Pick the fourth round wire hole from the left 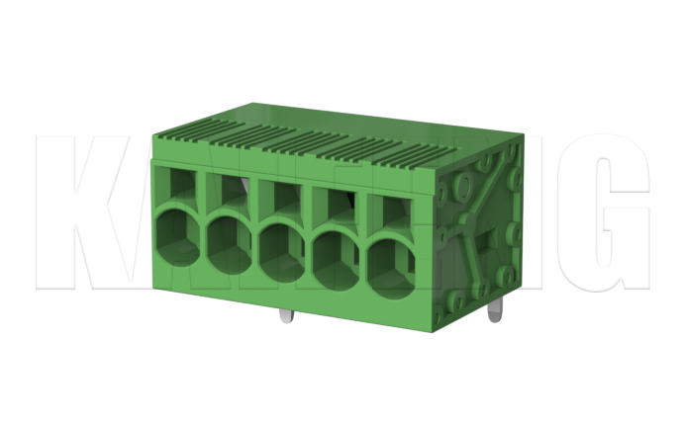pyautogui.click(x=337, y=254)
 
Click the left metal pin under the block pyautogui.click(x=285, y=318)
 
